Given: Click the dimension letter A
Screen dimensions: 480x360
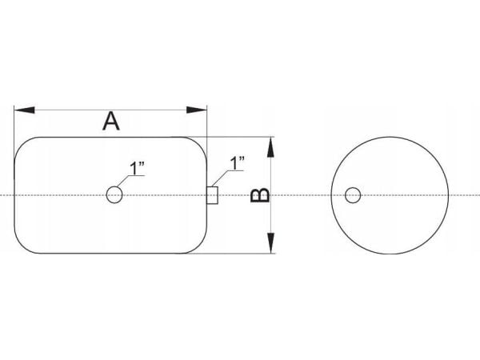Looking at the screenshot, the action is coord(111,122).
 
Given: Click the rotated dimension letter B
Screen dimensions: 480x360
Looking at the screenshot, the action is coord(260,195).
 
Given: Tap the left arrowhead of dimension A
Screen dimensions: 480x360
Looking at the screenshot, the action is coord(25,110).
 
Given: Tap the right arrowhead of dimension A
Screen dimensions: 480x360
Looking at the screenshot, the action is coord(197,110).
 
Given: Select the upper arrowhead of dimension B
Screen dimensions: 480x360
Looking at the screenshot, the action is coord(270,147).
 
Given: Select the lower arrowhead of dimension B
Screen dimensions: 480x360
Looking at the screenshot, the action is coord(270,243).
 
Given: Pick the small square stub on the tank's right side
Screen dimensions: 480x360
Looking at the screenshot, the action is coord(212,195).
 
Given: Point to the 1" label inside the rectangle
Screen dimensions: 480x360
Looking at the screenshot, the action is coord(137,168).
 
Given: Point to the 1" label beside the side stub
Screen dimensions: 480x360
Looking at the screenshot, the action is coord(238,163).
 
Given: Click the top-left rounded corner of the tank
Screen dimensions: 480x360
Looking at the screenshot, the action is coord(22,145).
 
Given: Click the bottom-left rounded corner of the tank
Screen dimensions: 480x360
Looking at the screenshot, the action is coord(22,246).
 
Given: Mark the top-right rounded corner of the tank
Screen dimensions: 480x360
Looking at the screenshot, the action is coord(199,145).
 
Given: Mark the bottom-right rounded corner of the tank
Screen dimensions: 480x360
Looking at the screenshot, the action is coord(199,246).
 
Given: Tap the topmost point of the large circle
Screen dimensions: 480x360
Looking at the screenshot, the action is coord(390,137).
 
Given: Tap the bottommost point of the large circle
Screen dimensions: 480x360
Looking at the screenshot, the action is coord(390,254).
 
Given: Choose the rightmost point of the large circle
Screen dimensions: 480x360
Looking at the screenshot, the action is coord(449,195).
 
